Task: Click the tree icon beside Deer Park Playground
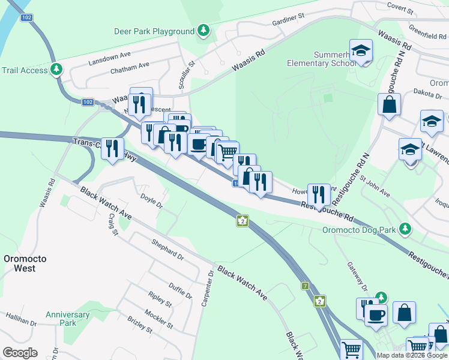[204, 31]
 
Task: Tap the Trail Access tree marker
[57, 70]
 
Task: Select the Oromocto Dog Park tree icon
[406, 229]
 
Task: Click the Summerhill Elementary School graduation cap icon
[361, 51]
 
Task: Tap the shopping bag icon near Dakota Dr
[390, 104]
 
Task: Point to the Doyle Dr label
[151, 200]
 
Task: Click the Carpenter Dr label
[208, 289]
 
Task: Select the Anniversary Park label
[68, 319]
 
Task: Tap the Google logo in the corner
[20, 353]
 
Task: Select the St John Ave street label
[375, 187]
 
